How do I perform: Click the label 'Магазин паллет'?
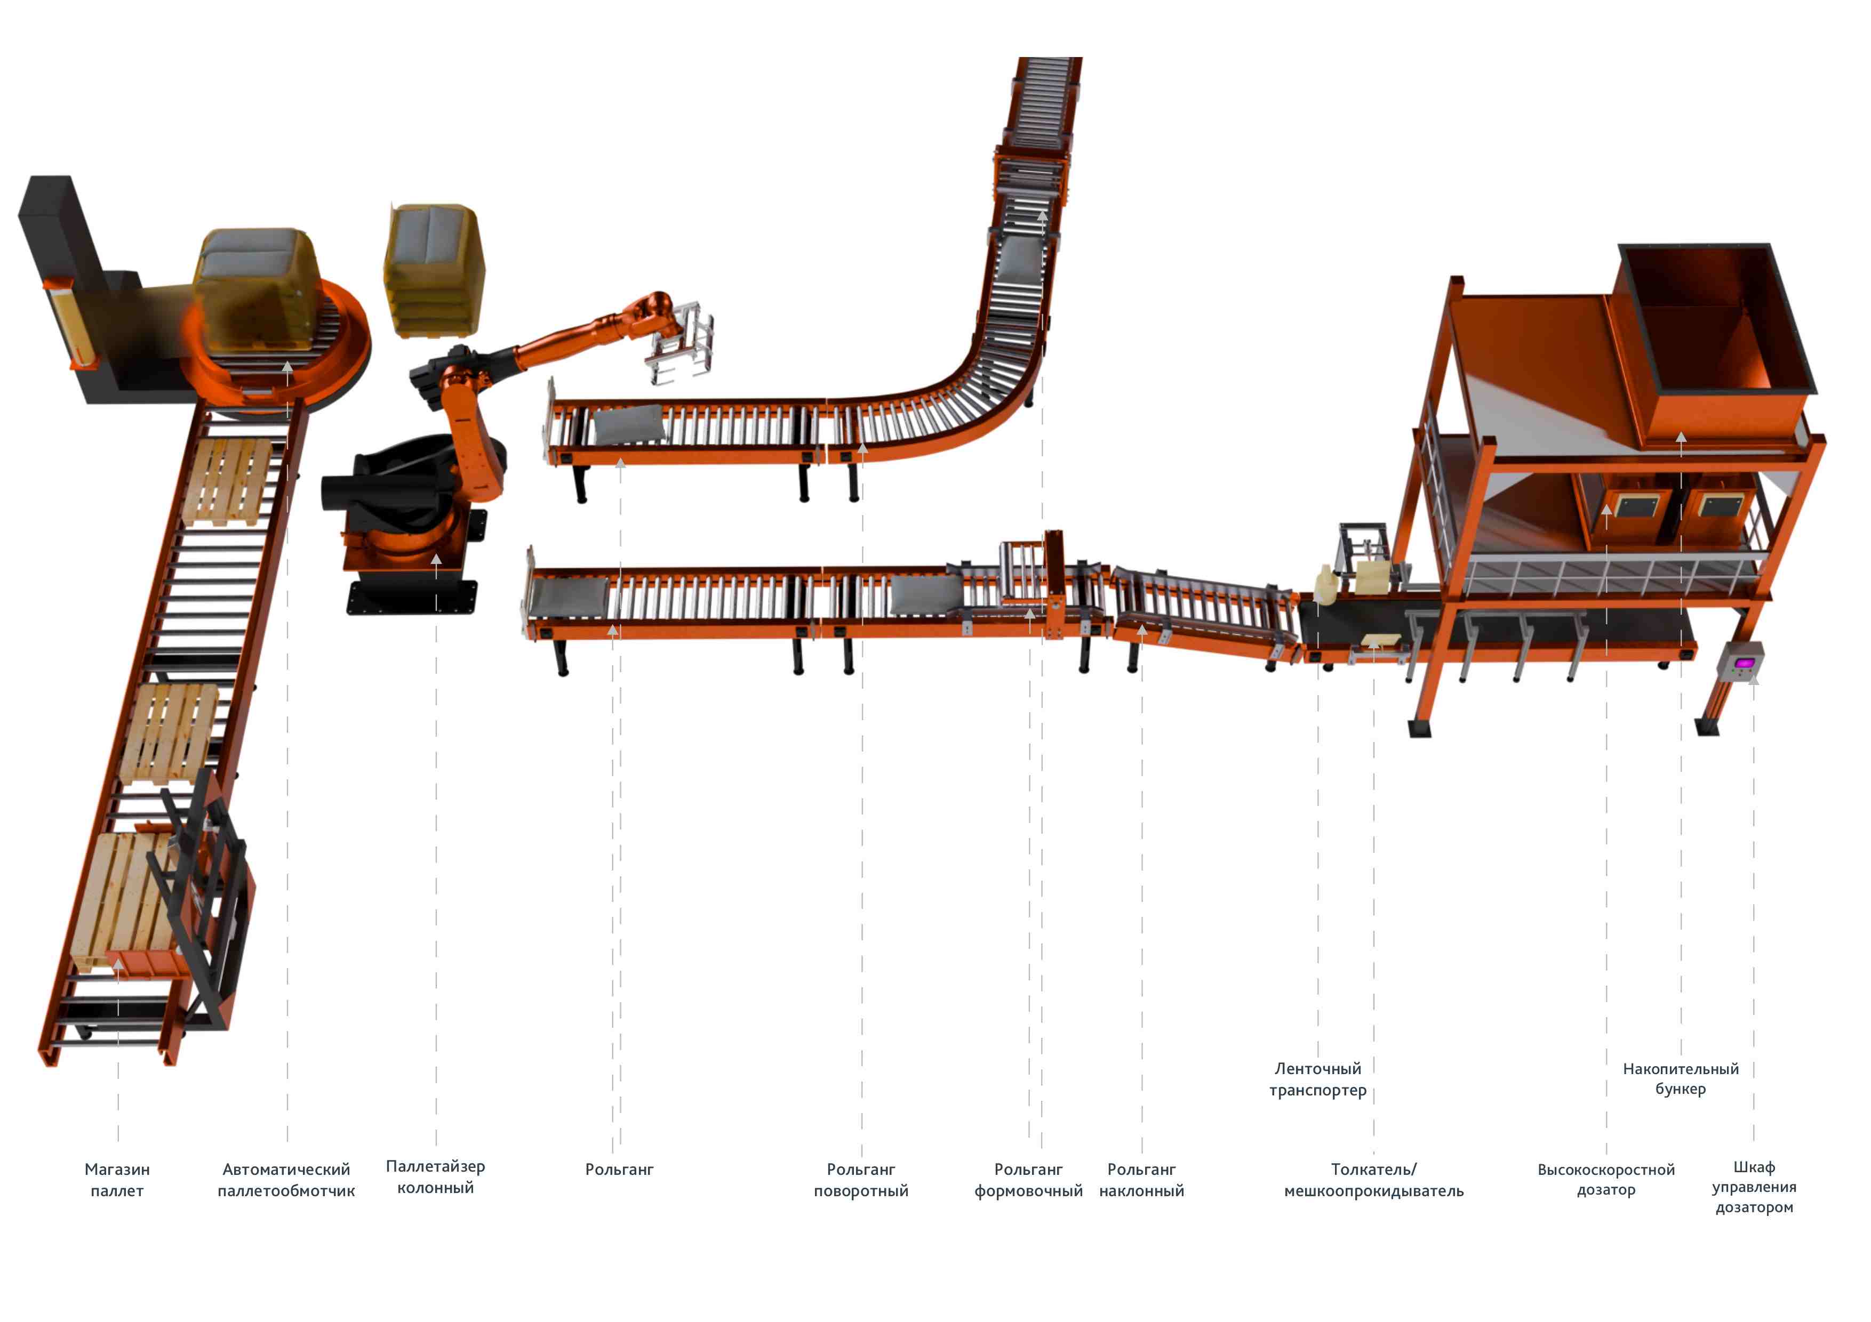tap(117, 1180)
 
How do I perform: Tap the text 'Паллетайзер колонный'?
tap(435, 1176)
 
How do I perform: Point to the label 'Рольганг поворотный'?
tap(861, 1180)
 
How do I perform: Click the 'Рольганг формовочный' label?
tap(1028, 1180)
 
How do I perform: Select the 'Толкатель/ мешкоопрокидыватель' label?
tap(1374, 1180)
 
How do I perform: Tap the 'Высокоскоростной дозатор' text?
tap(1606, 1180)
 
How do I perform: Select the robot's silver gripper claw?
tap(681, 342)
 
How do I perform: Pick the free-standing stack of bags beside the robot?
tap(434, 269)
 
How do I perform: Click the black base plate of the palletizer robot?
tap(412, 596)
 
